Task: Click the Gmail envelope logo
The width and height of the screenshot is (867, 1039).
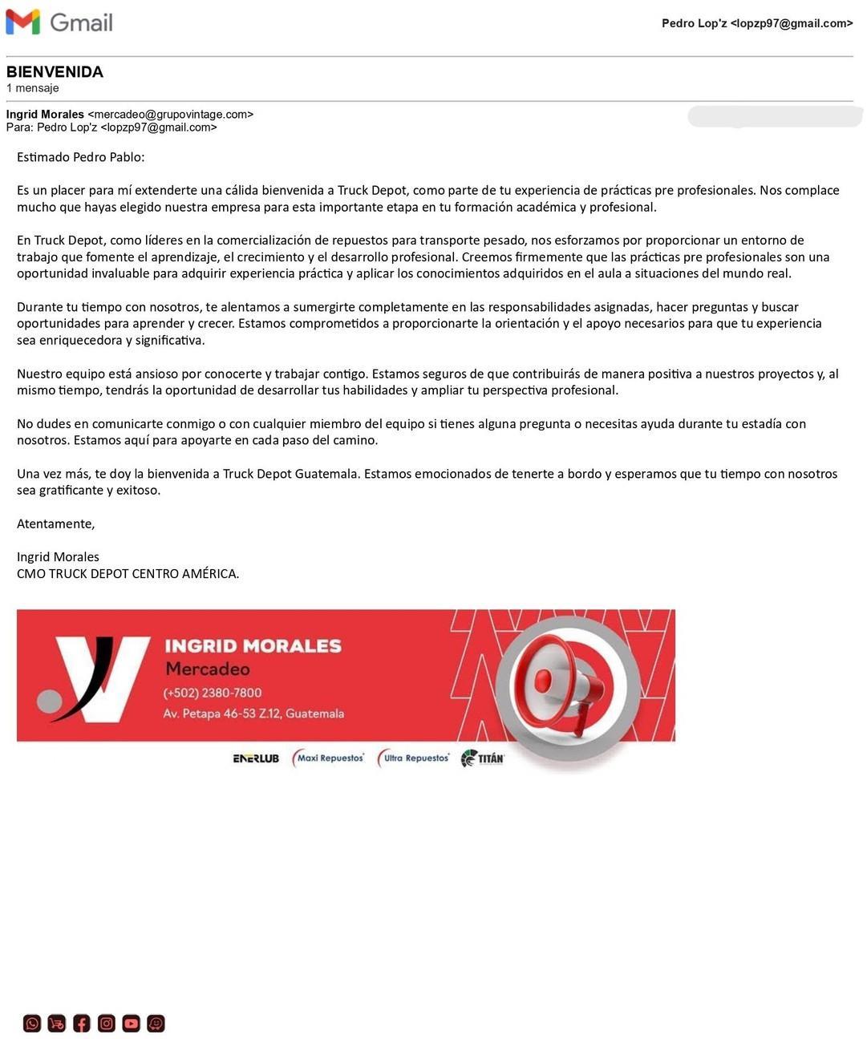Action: point(22,22)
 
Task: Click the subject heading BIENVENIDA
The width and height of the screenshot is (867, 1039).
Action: point(55,72)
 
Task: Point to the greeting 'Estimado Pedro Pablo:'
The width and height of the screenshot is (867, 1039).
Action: point(81,157)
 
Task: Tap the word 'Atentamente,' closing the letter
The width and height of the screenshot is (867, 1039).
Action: point(56,524)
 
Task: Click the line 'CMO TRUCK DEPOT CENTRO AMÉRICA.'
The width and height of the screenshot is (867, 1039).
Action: point(128,574)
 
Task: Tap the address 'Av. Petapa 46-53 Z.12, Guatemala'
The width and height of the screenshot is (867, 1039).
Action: point(253,714)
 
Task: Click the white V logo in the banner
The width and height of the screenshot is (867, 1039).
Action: point(100,677)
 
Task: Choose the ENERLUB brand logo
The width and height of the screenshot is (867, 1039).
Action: point(256,758)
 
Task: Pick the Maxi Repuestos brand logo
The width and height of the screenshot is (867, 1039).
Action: point(329,758)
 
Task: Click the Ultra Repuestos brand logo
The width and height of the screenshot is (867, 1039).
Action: point(414,758)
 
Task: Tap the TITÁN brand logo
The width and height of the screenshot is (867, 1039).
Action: point(483,758)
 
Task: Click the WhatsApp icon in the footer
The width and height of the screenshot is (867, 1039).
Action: point(32,1023)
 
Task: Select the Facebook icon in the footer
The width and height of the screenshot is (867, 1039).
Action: point(82,1023)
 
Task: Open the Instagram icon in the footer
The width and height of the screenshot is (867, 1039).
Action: point(107,1023)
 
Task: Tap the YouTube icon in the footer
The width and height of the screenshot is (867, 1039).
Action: point(132,1023)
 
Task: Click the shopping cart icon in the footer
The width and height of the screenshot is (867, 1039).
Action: point(57,1023)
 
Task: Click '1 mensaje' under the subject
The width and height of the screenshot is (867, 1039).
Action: point(33,88)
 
